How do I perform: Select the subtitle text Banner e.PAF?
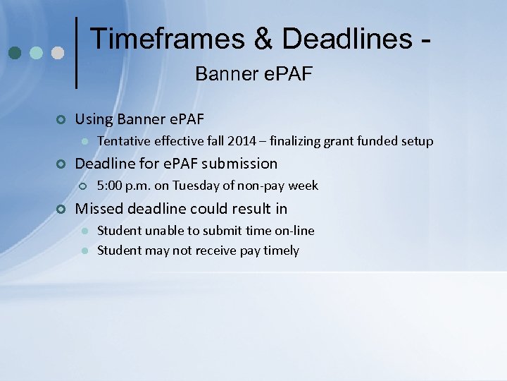[254, 73]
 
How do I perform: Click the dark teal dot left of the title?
[14, 54]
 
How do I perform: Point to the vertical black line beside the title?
[76, 53]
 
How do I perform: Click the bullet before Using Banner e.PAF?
[61, 119]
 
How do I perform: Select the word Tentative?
[121, 141]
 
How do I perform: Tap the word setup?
[417, 141]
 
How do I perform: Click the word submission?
[239, 164]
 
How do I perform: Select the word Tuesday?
[193, 186]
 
